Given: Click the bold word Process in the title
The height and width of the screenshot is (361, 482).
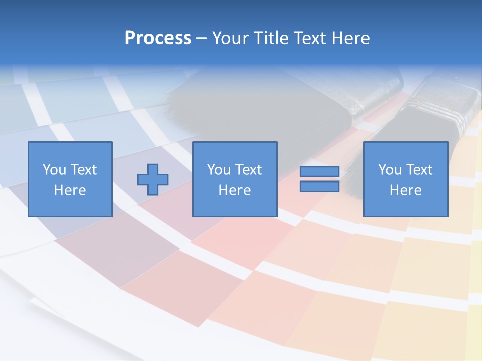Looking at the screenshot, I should pos(158,38).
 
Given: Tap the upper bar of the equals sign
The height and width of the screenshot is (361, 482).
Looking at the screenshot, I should pos(319,172).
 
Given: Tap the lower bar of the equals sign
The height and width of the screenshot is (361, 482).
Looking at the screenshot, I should pos(319,187).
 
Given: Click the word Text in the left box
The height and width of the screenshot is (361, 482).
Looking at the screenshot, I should pos(83,170).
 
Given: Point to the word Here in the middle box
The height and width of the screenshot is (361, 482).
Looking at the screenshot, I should pos(234,190).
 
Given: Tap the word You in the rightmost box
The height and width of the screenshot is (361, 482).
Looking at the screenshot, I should pos(390,170).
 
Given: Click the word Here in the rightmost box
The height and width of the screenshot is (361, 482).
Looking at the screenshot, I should pos(406,190).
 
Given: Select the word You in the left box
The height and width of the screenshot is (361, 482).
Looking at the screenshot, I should pos(54,170).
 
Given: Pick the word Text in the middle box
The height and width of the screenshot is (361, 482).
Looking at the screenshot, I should pos(248,170).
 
